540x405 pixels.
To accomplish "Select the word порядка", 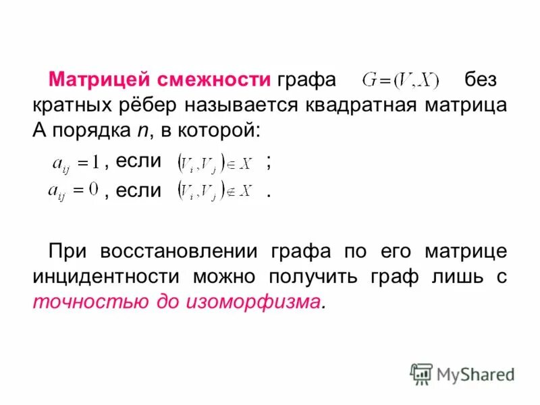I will click(x=86, y=131).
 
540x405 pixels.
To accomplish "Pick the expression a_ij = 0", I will click(x=74, y=191).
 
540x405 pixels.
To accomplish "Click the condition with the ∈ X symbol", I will click(x=214, y=162).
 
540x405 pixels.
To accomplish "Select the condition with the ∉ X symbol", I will click(x=214, y=191).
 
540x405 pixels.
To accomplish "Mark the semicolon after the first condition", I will click(x=269, y=162).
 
